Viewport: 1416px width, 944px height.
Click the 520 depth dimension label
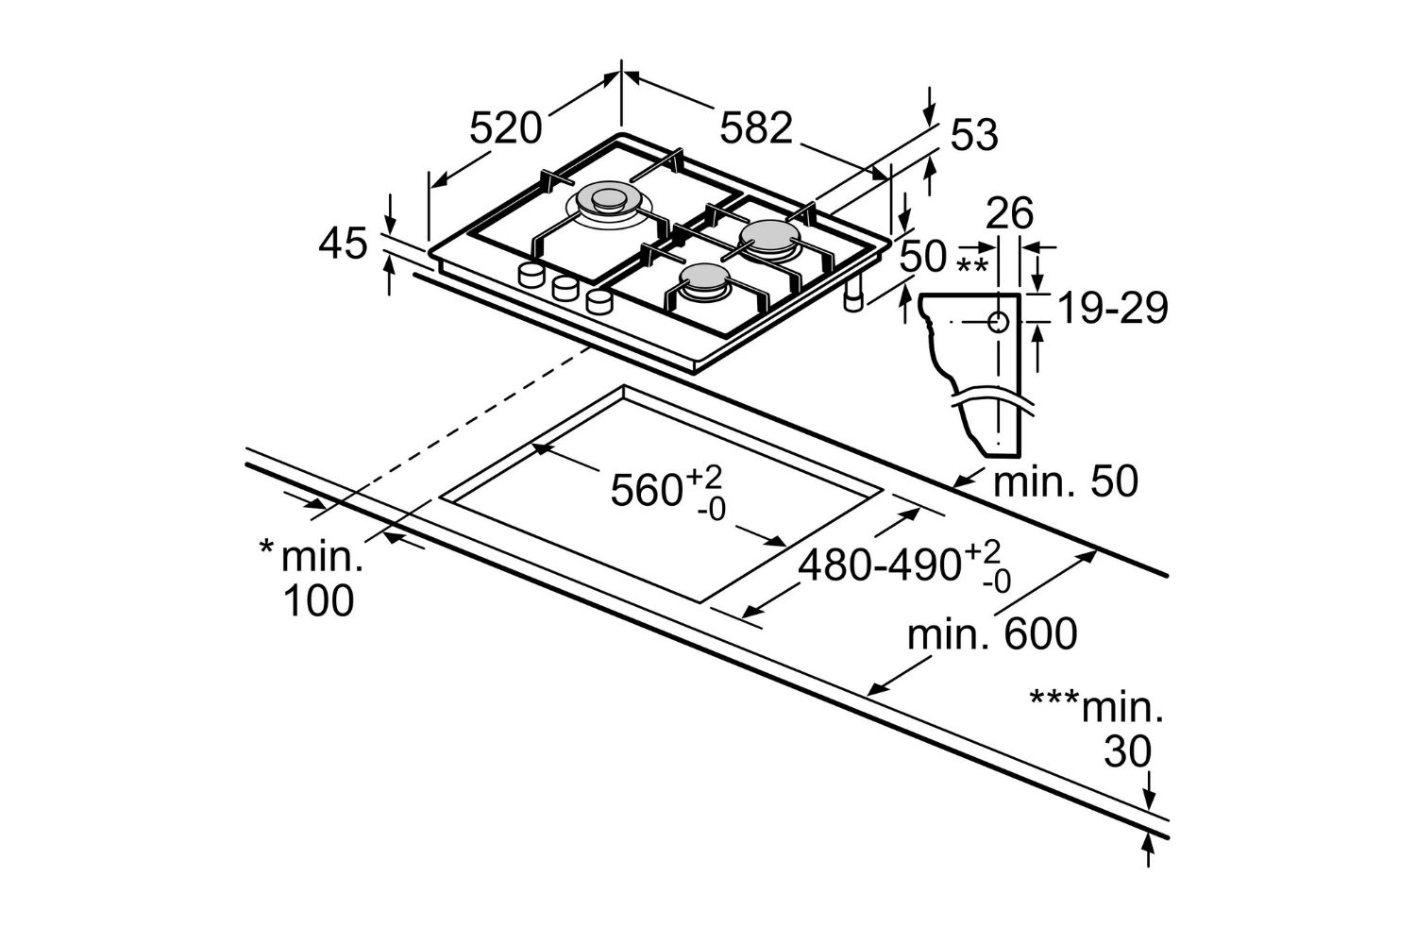(x=507, y=127)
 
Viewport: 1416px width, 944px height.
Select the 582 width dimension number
(x=755, y=127)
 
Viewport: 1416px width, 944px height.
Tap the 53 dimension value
(x=973, y=136)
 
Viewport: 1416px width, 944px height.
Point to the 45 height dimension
(x=342, y=244)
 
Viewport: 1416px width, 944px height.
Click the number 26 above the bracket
(x=1010, y=214)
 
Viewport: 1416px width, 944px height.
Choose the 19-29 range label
(x=1112, y=308)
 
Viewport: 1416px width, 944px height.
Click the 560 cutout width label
(x=647, y=491)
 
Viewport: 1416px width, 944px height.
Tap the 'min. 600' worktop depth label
(x=991, y=634)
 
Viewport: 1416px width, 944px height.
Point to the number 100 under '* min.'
(x=319, y=600)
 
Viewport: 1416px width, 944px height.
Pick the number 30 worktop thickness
(x=1128, y=752)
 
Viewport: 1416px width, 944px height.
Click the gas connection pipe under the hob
(x=853, y=296)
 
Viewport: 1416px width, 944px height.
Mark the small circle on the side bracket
(x=998, y=323)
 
